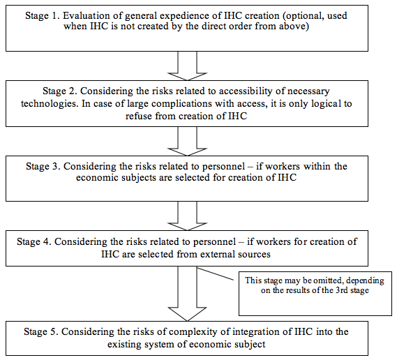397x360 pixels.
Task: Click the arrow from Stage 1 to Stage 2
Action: (x=188, y=66)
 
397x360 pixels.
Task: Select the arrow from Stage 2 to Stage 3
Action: (x=188, y=141)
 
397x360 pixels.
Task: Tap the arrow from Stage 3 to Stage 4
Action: (x=188, y=216)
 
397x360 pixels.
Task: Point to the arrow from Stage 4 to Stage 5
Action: (x=188, y=294)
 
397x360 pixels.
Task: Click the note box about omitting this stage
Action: (x=315, y=294)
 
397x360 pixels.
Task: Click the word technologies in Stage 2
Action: (x=50, y=103)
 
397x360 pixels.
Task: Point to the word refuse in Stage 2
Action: (x=139, y=116)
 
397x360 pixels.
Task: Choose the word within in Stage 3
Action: (x=317, y=166)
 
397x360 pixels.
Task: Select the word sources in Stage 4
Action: (x=254, y=254)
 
